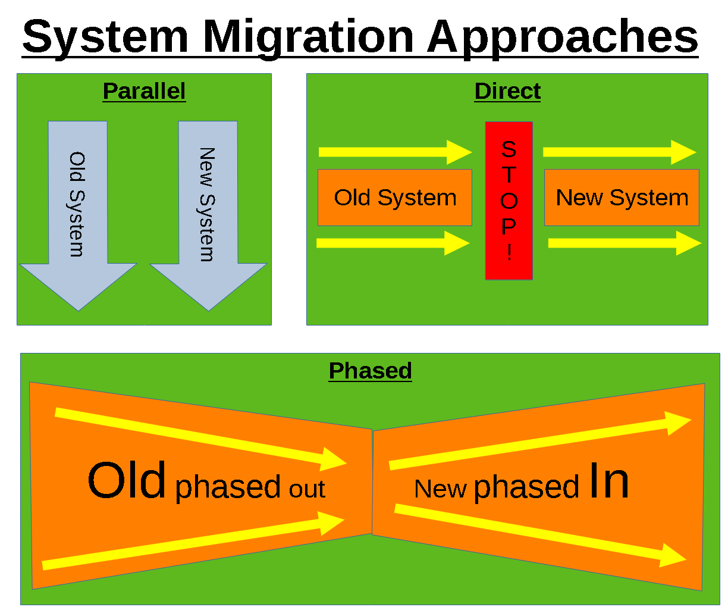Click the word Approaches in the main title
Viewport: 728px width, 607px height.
pyautogui.click(x=562, y=37)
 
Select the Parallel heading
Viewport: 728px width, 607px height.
pyautogui.click(x=144, y=91)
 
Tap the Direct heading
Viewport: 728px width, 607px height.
pyautogui.click(x=507, y=91)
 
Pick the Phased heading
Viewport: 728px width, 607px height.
pyautogui.click(x=370, y=370)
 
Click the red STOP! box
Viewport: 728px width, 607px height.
pyautogui.click(x=509, y=201)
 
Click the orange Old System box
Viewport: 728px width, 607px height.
pyautogui.click(x=395, y=198)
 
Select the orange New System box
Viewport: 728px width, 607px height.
pyautogui.click(x=622, y=198)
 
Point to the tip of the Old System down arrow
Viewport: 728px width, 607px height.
pyautogui.click(x=79, y=308)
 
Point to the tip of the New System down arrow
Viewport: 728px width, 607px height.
pyautogui.click(x=208, y=308)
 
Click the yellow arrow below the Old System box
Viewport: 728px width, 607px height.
pyautogui.click(x=393, y=243)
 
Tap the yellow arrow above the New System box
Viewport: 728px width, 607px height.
pyautogui.click(x=619, y=152)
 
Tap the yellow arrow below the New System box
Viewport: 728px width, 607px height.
pyautogui.click(x=625, y=243)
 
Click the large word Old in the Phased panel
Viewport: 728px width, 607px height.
pyautogui.click(x=127, y=481)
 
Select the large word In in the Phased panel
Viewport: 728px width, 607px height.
pyautogui.click(x=608, y=481)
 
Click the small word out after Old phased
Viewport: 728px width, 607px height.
pyautogui.click(x=307, y=489)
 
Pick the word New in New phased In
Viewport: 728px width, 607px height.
pyautogui.click(x=440, y=489)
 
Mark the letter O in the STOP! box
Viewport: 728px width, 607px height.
pyautogui.click(x=509, y=201)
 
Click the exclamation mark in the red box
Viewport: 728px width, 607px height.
pyautogui.click(x=509, y=252)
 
